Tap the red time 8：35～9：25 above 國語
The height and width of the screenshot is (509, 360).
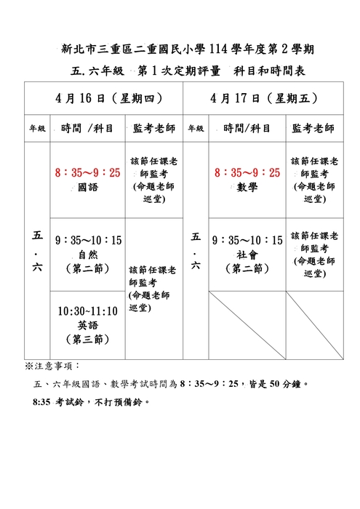click(87, 172)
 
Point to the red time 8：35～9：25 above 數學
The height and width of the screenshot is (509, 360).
click(247, 172)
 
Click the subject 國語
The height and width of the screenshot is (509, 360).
click(87, 187)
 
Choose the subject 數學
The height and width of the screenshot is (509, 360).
click(247, 187)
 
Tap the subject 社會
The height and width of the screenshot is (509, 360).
click(247, 254)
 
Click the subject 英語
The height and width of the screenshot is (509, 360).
click(87, 325)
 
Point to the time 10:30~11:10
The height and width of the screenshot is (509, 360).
click(87, 311)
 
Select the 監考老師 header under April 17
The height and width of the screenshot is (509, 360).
click(313, 129)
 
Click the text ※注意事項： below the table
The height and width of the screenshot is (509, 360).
click(53, 365)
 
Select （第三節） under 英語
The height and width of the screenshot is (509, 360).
click(87, 339)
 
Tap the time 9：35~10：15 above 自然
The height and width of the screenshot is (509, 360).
click(88, 240)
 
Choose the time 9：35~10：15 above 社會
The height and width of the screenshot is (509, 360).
click(247, 240)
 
